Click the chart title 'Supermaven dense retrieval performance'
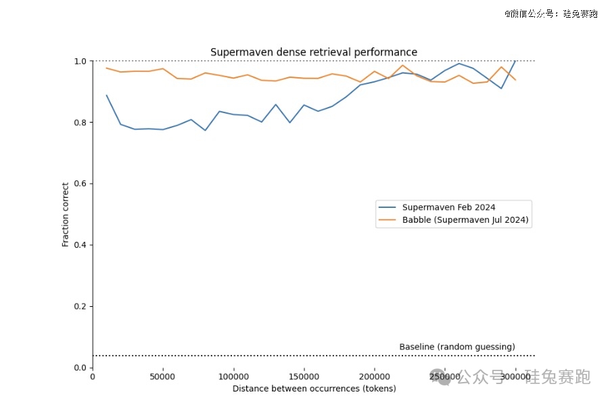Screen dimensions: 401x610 [x=314, y=52]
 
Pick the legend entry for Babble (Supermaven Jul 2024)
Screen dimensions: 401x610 [x=465, y=220]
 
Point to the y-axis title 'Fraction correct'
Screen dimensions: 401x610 [x=66, y=214]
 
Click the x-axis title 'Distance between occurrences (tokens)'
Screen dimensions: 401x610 [x=314, y=389]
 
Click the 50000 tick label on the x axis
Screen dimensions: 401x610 [x=163, y=377]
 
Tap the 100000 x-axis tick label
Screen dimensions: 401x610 [x=233, y=377]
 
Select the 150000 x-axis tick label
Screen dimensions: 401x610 [x=304, y=377]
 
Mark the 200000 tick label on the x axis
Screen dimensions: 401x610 [x=375, y=377]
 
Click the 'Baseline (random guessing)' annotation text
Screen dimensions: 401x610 [x=457, y=347]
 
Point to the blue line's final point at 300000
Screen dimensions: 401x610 [x=515, y=62]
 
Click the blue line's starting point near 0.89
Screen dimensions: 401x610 [x=107, y=96]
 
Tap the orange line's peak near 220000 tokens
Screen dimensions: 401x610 [x=403, y=66]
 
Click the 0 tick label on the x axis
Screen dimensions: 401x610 [x=93, y=377]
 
